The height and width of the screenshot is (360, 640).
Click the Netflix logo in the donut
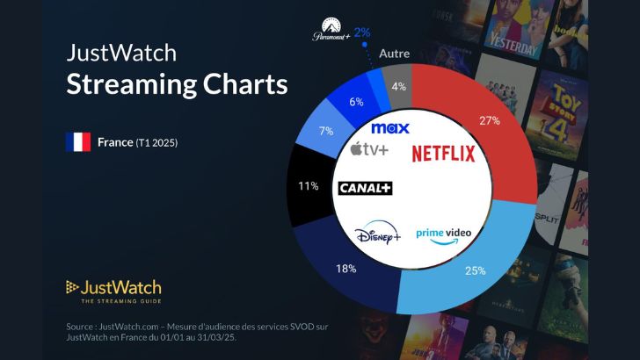443,154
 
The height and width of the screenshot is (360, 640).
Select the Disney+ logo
378,234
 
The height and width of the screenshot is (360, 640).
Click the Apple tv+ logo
369,150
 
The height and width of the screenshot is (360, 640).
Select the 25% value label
475,270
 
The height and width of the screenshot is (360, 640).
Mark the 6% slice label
355,102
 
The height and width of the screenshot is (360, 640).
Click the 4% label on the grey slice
397,86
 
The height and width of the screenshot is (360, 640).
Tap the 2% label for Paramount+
362,32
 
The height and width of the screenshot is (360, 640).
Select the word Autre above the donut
394,54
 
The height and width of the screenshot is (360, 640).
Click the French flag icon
78,142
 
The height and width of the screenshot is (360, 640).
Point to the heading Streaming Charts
178,86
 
